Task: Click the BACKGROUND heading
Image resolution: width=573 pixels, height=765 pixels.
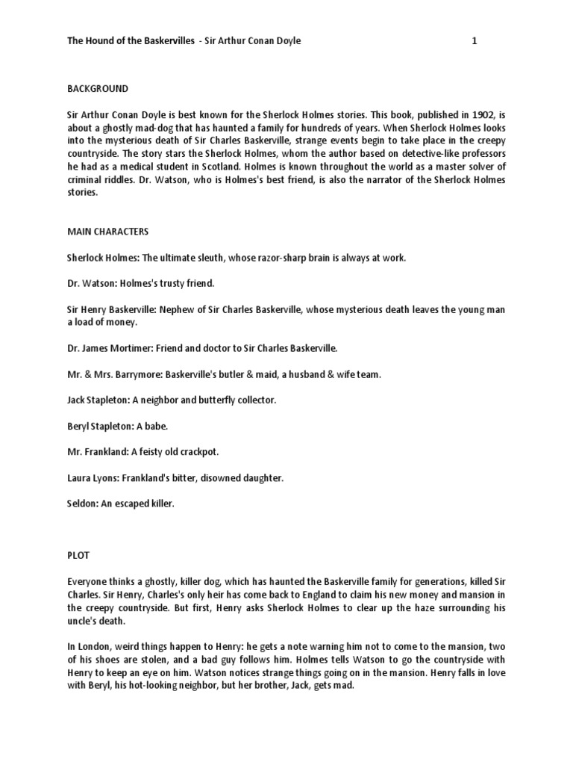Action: (98, 89)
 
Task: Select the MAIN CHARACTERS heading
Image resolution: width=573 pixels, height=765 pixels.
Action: (108, 232)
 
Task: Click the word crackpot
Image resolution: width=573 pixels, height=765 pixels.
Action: (195, 452)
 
